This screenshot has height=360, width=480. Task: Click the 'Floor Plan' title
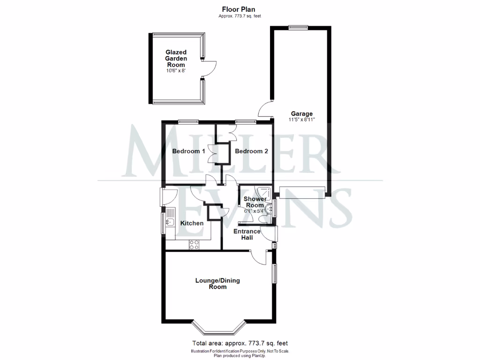pos(239,9)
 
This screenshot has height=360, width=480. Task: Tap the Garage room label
pos(301,113)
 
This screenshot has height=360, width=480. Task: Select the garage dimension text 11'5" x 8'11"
pos(301,120)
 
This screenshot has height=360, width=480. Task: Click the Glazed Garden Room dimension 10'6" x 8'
pos(176,71)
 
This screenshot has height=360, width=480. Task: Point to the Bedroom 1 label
pos(188,151)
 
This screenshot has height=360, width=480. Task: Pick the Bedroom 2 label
pos(252,151)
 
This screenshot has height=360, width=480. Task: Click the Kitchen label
pos(192,223)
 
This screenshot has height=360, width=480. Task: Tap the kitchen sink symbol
pos(170,220)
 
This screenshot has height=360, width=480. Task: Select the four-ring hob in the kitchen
pos(194,244)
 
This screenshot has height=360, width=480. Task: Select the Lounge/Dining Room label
pos(217,284)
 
